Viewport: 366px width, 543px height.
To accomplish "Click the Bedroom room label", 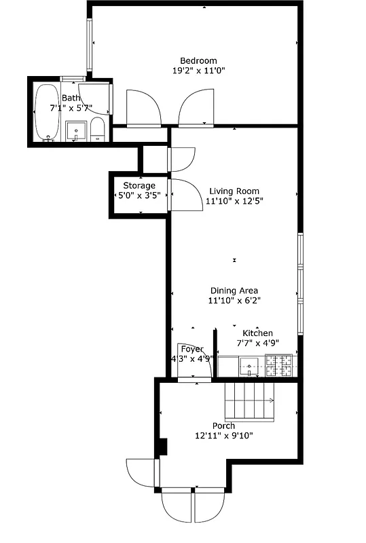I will (x=198, y=60).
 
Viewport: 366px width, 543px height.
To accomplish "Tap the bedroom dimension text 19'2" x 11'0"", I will (x=198, y=70).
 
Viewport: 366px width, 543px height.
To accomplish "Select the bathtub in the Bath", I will (x=46, y=112).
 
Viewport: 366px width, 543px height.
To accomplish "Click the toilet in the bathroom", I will (x=98, y=129).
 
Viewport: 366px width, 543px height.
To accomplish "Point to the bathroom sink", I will (x=76, y=130).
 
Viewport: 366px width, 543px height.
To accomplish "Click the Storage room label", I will (x=139, y=185).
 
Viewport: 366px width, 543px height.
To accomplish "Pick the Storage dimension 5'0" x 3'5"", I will (x=139, y=195).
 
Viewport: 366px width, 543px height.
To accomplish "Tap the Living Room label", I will (x=234, y=191).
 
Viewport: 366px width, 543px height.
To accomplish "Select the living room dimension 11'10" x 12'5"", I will (x=234, y=201).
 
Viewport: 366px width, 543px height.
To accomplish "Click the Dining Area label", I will (x=234, y=290).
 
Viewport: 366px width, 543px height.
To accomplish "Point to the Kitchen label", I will (x=258, y=333).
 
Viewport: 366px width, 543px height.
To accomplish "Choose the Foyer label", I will (x=192, y=349).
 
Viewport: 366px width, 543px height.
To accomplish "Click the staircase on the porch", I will (x=250, y=401).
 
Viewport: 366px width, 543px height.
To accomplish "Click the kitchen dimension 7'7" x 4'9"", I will (x=258, y=343).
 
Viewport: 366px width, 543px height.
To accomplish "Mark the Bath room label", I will (x=71, y=98).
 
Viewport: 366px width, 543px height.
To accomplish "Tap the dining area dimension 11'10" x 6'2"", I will (x=234, y=300).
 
